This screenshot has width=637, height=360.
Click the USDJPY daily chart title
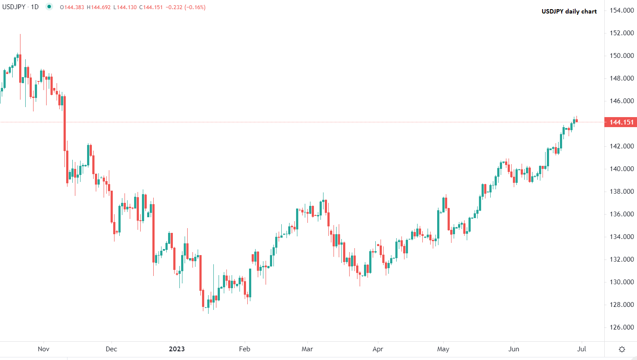tap(569, 11)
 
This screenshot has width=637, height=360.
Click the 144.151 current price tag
tap(621, 122)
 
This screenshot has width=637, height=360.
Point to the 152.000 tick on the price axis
tap(622, 33)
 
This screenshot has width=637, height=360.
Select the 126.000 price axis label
tap(622, 327)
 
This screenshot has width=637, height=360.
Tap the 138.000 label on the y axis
tap(622, 192)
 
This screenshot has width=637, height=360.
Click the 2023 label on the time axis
tap(177, 349)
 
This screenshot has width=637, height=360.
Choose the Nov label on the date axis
tap(44, 349)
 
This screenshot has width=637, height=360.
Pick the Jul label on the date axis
tap(582, 349)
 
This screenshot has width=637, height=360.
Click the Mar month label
tap(307, 349)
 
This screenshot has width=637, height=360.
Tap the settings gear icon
tap(622, 349)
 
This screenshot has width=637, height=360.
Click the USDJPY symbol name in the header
tap(14, 7)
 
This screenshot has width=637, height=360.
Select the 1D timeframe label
tap(35, 7)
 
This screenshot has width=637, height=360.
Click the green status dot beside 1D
tap(49, 7)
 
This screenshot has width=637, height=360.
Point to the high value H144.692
tap(99, 7)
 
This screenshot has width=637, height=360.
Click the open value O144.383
tap(72, 7)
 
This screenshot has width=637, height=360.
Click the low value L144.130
tap(125, 7)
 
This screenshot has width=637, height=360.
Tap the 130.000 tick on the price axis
tap(622, 282)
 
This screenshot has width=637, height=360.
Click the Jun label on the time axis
tap(514, 349)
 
